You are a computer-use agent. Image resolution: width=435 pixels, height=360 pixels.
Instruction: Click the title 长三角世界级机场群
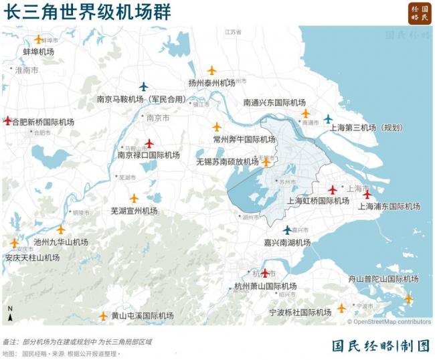pyautogui.click(x=87, y=12)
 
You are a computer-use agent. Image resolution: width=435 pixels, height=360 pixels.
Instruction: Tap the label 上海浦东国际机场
pyautogui.click(x=389, y=207)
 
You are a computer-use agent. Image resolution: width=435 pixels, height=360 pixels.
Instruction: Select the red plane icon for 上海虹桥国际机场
pyautogui.click(x=333, y=190)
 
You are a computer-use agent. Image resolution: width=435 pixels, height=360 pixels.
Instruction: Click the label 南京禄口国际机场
pyautogui.click(x=149, y=155)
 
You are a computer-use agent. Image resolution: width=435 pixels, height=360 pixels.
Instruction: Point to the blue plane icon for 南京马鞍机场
pyautogui.click(x=143, y=86)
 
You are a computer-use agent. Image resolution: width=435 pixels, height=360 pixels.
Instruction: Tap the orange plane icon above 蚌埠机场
pyautogui.click(x=38, y=39)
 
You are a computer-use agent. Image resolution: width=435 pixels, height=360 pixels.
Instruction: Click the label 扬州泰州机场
pyautogui.click(x=212, y=83)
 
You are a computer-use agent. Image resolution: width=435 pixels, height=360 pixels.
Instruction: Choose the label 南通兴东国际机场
pyautogui.click(x=274, y=103)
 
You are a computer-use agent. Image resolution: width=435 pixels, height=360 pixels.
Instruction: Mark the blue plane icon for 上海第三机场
pyautogui.click(x=328, y=118)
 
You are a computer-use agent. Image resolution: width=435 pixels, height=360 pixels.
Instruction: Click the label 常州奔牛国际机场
pyautogui.click(x=244, y=139)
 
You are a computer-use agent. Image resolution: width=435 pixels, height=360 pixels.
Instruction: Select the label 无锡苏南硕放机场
pyautogui.click(x=228, y=162)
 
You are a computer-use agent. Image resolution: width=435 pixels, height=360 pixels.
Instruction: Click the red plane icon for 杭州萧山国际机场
pyautogui.click(x=265, y=273)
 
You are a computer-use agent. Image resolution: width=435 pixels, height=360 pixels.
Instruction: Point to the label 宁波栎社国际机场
pyautogui.click(x=300, y=312)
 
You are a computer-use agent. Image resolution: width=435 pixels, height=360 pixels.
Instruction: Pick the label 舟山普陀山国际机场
pyautogui.click(x=383, y=279)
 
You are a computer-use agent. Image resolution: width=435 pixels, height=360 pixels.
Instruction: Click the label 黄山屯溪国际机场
pyautogui.click(x=143, y=316)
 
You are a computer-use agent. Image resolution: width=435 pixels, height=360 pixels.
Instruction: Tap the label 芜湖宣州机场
pyautogui.click(x=134, y=211)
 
